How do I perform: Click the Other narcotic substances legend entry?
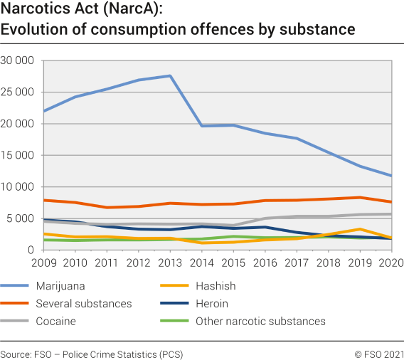tap(260, 322)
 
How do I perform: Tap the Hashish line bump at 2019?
tap(361, 229)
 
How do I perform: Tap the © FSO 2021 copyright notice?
tap(378, 354)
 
